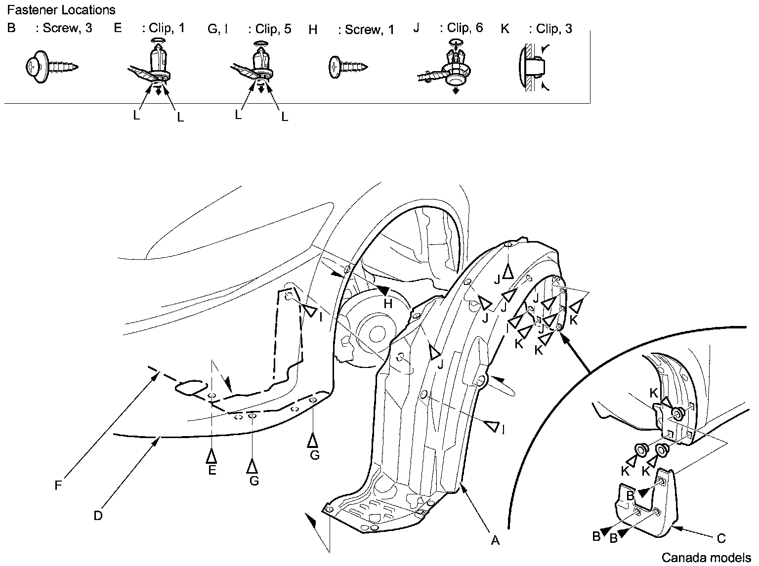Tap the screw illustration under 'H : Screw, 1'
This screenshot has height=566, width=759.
348,65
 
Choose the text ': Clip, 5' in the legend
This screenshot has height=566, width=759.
269,29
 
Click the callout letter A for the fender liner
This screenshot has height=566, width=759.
495,540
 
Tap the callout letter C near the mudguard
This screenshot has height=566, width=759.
721,538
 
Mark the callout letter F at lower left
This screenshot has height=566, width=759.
58,485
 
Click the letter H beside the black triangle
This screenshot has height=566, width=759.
388,304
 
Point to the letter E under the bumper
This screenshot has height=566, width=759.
212,470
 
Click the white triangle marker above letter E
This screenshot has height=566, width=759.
212,455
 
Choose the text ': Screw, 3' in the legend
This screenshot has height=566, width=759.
64,28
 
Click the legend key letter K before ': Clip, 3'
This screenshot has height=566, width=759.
505,29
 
